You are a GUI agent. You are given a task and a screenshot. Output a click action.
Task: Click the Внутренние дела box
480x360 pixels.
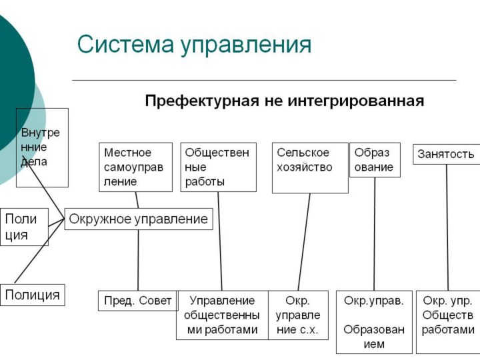coord(42,147)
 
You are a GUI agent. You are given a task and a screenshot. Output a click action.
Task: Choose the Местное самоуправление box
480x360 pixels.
coord(135,167)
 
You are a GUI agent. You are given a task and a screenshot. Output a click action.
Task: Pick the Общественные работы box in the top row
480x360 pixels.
coord(218,167)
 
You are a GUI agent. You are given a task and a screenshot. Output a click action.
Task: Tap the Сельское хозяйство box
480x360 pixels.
coord(310,167)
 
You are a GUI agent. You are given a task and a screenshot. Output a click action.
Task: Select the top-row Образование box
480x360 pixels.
coord(375,160)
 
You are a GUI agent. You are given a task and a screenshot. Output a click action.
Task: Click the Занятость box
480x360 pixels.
coord(446,155)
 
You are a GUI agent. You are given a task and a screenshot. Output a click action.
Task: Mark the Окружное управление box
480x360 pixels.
coord(139,219)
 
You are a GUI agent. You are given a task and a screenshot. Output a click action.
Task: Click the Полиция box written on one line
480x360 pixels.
coord(33,295)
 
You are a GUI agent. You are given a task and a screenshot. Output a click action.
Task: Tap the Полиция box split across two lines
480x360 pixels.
coord(23,227)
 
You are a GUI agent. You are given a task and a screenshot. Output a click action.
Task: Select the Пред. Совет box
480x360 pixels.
coord(138,301)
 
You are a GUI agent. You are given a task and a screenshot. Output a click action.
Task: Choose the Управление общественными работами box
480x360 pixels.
coord(222,315)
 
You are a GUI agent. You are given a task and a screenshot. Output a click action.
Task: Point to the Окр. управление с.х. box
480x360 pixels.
coord(298,315)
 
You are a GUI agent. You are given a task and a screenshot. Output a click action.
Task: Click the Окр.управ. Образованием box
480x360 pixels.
coord(374,322)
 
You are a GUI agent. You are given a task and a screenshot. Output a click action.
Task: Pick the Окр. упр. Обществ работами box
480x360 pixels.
coord(448,322)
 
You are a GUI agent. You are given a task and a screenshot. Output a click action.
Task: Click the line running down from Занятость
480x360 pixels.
coord(447,227)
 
